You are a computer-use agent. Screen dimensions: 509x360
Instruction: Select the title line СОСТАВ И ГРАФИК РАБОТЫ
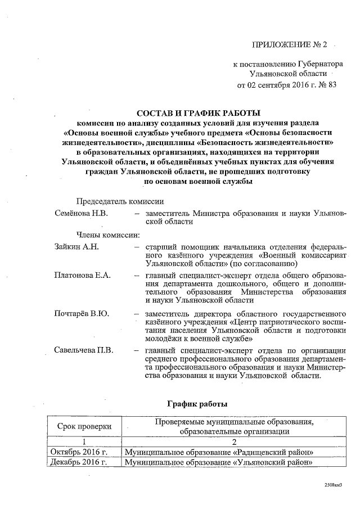coord(199,113)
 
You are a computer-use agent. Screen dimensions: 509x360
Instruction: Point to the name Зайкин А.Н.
coord(76,246)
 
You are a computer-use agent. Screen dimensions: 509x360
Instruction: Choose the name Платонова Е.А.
coord(83,276)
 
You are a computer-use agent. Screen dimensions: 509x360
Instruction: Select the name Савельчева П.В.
coord(84,350)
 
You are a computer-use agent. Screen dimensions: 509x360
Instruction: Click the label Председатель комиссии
coord(120,201)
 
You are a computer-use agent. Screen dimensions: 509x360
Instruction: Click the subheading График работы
coord(199,404)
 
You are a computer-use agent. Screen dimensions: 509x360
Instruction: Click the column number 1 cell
coord(84,442)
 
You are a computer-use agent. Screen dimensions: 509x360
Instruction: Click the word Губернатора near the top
coord(314,65)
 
